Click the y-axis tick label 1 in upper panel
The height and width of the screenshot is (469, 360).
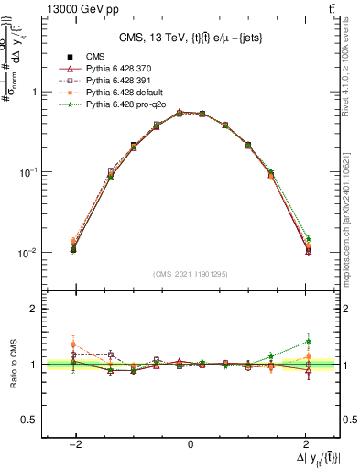(34, 92)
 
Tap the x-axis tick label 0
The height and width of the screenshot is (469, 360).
(190, 445)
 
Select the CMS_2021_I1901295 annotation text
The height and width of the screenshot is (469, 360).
(190, 274)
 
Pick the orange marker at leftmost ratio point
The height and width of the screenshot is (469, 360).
(72, 344)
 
